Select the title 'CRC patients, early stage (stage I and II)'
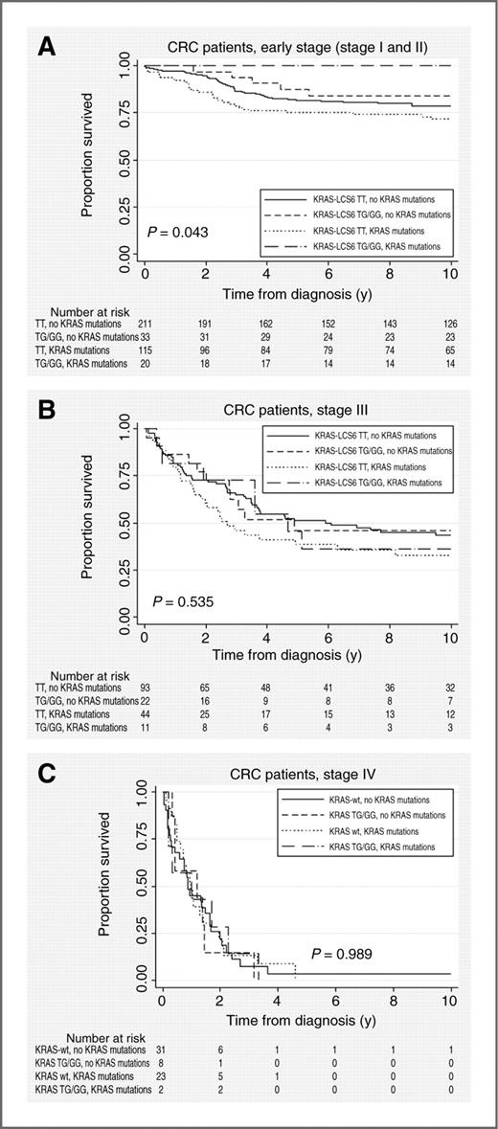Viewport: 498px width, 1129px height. pyautogui.click(x=294, y=48)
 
